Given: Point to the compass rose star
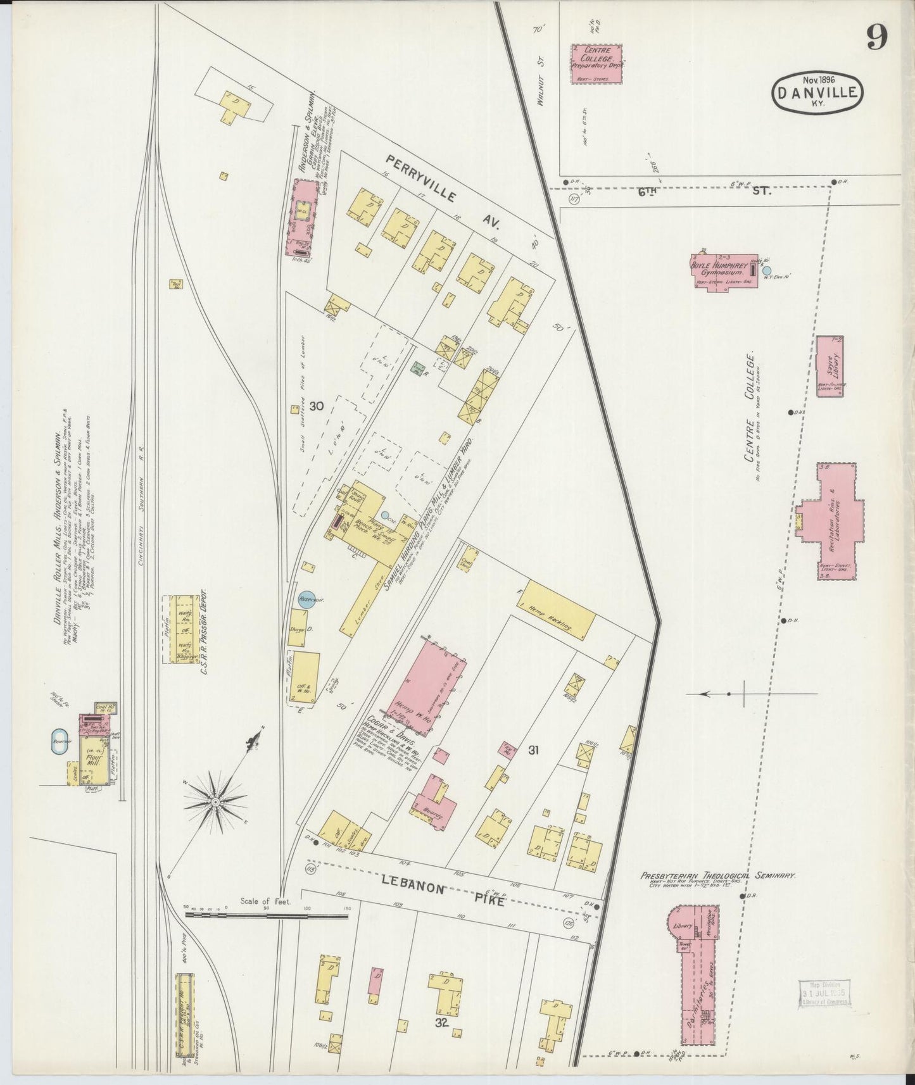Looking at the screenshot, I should [217, 802].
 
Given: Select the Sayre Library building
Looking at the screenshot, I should [830, 366].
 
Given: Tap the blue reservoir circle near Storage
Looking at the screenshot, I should [306, 599].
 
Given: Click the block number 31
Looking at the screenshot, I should [533, 750].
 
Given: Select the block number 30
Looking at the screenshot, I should [316, 406].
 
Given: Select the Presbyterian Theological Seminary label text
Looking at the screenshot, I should [716, 876].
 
